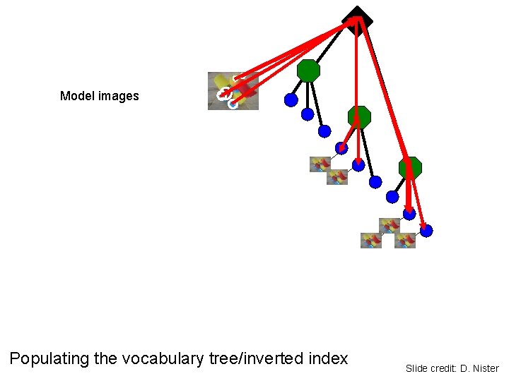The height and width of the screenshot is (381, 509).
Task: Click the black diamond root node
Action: tap(357, 20)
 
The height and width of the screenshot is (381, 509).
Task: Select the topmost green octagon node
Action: tap(308, 71)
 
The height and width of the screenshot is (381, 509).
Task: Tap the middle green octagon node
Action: tap(359, 117)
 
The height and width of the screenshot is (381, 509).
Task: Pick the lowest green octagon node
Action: tap(410, 168)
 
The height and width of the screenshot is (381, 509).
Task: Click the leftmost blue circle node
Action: tap(291, 100)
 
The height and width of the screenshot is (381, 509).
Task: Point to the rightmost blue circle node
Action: tap(426, 231)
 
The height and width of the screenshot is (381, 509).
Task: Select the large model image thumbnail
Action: tap(233, 91)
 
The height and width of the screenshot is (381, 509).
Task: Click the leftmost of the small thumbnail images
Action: tap(319, 164)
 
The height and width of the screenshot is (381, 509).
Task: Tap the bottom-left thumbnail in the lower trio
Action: tap(371, 241)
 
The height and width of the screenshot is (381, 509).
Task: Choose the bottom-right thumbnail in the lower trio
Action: tap(405, 241)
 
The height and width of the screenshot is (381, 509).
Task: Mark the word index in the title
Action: tap(329, 358)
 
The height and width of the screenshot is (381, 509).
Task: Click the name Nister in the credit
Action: tap(484, 368)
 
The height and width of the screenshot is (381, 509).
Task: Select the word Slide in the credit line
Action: tap(416, 368)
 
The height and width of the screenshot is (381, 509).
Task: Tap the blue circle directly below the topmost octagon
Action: tap(308, 114)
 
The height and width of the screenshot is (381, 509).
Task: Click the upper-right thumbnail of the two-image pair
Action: tap(337, 176)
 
